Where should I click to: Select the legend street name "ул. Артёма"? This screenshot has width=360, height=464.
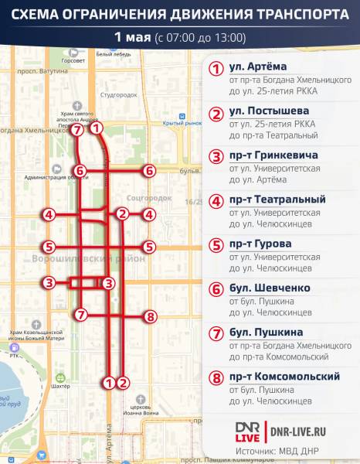tap(258, 66)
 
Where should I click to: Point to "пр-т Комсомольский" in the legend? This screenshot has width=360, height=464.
tap(284, 377)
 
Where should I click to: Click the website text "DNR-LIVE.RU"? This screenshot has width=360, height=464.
tap(302, 430)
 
